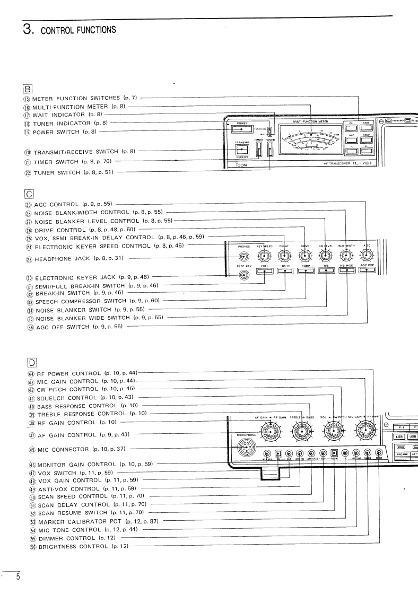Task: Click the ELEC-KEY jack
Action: click(244, 275)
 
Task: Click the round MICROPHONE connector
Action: click(246, 448)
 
